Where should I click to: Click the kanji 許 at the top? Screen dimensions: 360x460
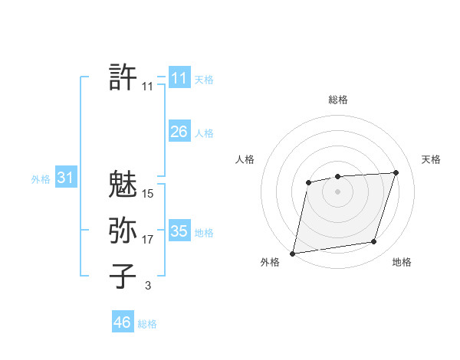[x=123, y=77]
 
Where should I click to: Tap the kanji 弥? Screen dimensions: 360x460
[x=123, y=230]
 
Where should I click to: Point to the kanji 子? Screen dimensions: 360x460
[x=123, y=276]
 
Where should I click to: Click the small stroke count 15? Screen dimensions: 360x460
[x=148, y=194]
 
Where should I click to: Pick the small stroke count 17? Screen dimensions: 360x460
[x=148, y=240]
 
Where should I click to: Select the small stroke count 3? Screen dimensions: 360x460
[x=148, y=286]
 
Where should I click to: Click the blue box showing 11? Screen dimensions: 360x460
[x=179, y=77]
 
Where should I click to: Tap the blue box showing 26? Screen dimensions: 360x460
[x=179, y=132]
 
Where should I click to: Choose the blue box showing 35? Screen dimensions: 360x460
[x=179, y=231]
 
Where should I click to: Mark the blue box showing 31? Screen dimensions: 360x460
[x=65, y=178]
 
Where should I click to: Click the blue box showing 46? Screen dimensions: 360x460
[x=122, y=322]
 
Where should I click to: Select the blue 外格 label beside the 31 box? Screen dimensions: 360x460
[x=41, y=179]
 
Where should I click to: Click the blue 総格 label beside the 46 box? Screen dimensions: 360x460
[x=147, y=324]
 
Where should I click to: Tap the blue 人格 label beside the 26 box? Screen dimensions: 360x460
[x=204, y=133]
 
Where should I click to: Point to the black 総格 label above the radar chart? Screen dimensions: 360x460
[x=338, y=100]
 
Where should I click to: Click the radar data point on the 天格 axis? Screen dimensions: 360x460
[x=396, y=172]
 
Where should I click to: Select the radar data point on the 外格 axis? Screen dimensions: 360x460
[x=293, y=253]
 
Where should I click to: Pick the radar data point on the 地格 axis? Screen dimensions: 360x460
[x=374, y=242]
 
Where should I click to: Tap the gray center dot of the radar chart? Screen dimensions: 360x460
[x=337, y=190]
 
